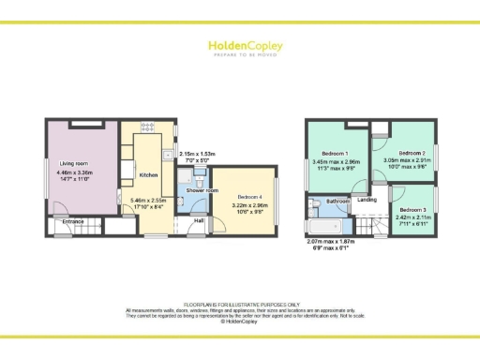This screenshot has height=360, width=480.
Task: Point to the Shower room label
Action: [196, 190]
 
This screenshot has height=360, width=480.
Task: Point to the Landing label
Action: [367, 200]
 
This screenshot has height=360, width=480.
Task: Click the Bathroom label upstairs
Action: [337, 202]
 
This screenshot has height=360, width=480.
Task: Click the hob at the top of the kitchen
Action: [147, 127]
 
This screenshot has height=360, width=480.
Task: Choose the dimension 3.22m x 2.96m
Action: [242, 203]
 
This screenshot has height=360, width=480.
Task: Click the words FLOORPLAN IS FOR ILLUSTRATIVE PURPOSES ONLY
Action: [240, 304]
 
